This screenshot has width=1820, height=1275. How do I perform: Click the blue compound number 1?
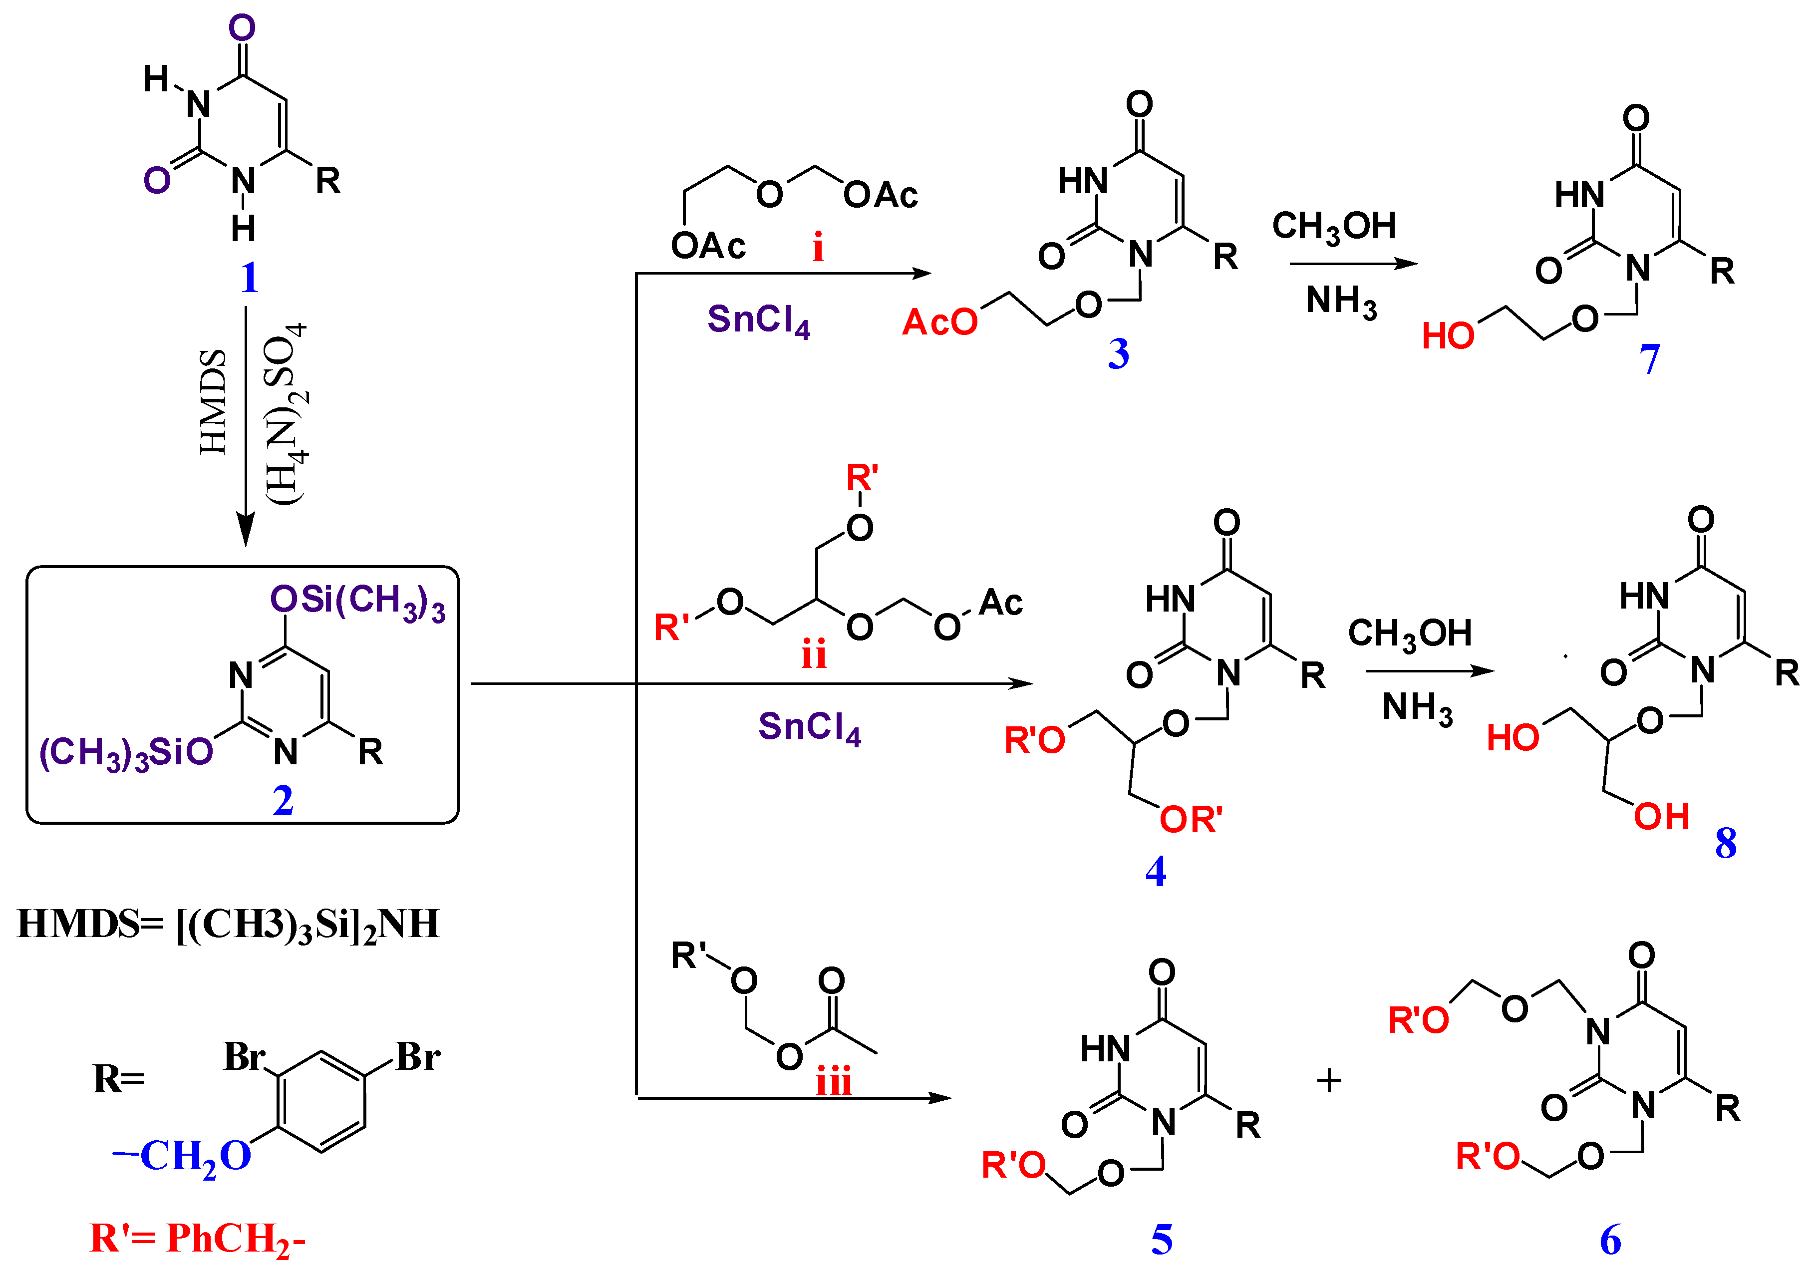coord(250,278)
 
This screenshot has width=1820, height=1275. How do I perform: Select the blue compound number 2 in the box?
coord(283,801)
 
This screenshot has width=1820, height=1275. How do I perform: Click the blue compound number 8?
coord(1726,843)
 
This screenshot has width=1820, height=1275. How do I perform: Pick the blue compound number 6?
coord(1610,1240)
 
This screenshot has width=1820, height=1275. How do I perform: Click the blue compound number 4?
coord(1156,872)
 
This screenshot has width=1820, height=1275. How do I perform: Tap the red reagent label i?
coord(818,248)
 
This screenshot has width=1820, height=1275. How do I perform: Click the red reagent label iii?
coord(834,1081)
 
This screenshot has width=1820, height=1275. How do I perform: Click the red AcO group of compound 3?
coord(940,322)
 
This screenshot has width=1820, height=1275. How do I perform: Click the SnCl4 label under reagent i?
coord(759,320)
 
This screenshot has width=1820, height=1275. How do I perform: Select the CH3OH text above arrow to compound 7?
coord(1334,227)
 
